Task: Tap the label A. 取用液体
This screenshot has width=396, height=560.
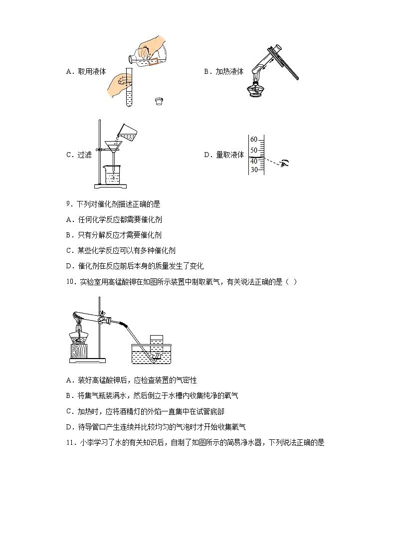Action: [x=86, y=71]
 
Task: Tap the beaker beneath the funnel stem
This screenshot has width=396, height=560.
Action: [x=114, y=175]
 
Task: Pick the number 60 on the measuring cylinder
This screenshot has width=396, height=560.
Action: [x=253, y=139]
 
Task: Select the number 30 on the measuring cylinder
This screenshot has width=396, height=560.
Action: [x=253, y=170]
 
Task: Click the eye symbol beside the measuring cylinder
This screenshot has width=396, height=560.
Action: [x=285, y=163]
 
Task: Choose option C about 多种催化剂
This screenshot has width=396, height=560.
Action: [x=121, y=250]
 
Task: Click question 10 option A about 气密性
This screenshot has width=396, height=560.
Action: [x=128, y=380]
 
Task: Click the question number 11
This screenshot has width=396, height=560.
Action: [x=70, y=442]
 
